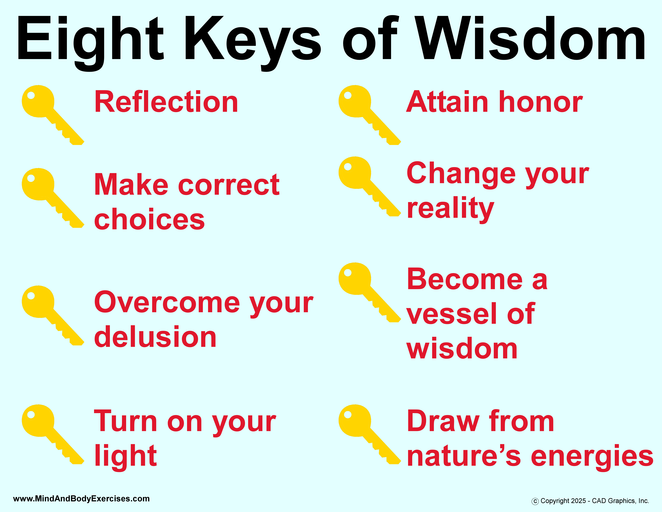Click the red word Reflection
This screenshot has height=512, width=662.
pos(166,102)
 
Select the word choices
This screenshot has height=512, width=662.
pos(149,219)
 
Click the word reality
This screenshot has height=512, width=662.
pos(450,209)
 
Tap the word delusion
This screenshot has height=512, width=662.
pos(155,337)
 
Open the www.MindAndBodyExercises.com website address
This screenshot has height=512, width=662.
pos(81,499)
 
